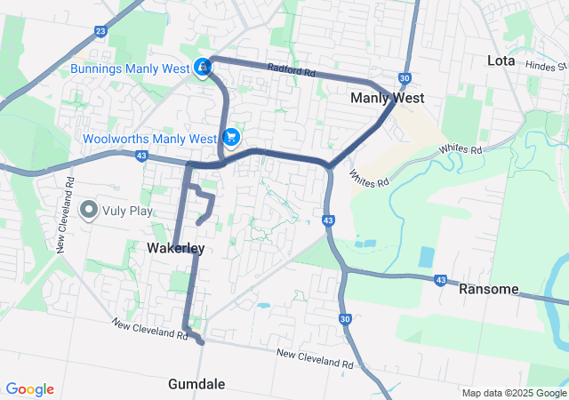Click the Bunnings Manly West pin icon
coord(204,68)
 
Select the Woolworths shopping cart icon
coord(231,137)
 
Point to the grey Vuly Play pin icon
coord(89,211)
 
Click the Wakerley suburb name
coord(175,249)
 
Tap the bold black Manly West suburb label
coord(387,98)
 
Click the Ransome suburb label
coord(487,289)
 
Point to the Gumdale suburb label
coord(196,384)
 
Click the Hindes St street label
coord(545,66)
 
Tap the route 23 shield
coord(100,31)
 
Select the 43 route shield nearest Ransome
coord(440,280)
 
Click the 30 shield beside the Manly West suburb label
coord(405,78)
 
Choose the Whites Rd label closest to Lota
coord(460,149)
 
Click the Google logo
coord(29,389)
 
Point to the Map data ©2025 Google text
coord(514,393)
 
